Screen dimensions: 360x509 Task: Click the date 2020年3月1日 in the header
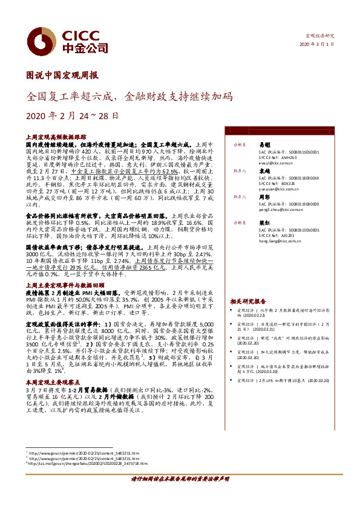click(316, 44)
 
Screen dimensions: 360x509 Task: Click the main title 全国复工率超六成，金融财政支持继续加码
click(128, 96)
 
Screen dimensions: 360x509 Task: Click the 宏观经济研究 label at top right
click(319, 36)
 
